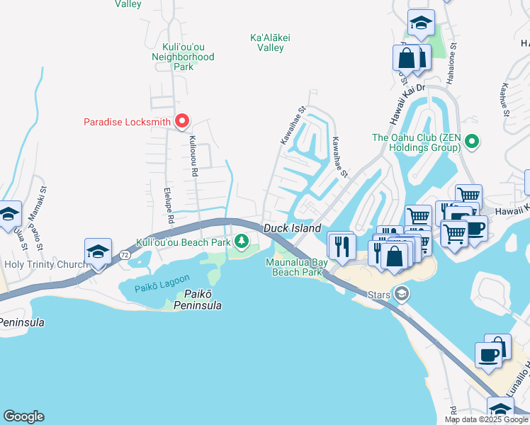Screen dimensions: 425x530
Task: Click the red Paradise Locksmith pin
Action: [181, 122]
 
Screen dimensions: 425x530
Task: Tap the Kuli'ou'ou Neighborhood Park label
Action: [183, 56]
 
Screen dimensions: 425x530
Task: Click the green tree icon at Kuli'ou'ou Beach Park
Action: [242, 242]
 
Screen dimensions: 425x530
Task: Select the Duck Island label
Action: [292, 228]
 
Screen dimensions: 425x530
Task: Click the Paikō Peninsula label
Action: [193, 300]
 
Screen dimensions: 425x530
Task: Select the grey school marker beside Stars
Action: [402, 293]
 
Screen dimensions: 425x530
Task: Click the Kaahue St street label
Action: [504, 99]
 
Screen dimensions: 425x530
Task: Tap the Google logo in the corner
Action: [23, 416]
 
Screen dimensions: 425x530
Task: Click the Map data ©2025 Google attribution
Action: [486, 419]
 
